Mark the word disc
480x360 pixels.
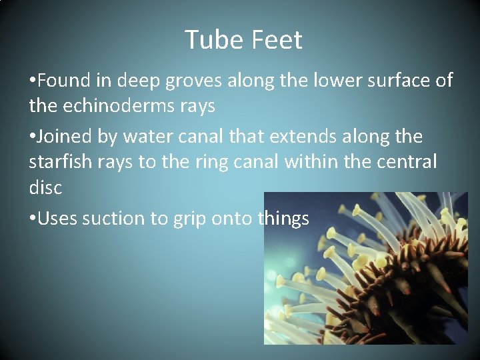[45, 187]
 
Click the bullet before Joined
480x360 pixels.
[33, 137]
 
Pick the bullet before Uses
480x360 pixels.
[33, 219]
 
